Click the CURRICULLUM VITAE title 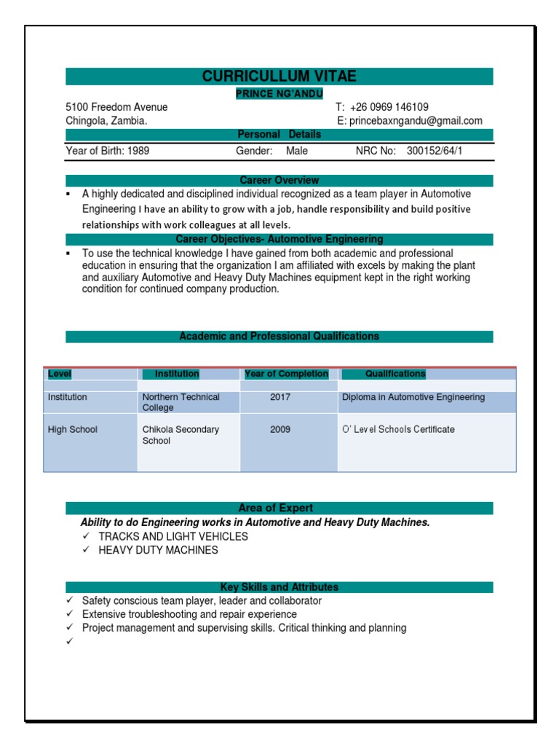click(279, 76)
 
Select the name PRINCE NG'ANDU click(279, 93)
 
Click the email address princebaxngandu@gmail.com click(415, 121)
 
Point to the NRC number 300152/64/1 click(434, 151)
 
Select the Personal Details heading click(279, 135)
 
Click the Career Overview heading click(279, 180)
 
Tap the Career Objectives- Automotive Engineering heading click(279, 239)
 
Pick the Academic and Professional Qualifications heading click(279, 336)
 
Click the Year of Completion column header click(286, 374)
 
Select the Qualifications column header click(395, 374)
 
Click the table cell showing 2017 click(280, 397)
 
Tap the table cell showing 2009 click(280, 429)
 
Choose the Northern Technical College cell click(181, 402)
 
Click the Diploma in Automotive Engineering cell click(413, 397)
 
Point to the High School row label click(72, 429)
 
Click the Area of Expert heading click(279, 508)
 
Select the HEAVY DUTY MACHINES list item click(158, 550)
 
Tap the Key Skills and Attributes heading click(279, 586)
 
